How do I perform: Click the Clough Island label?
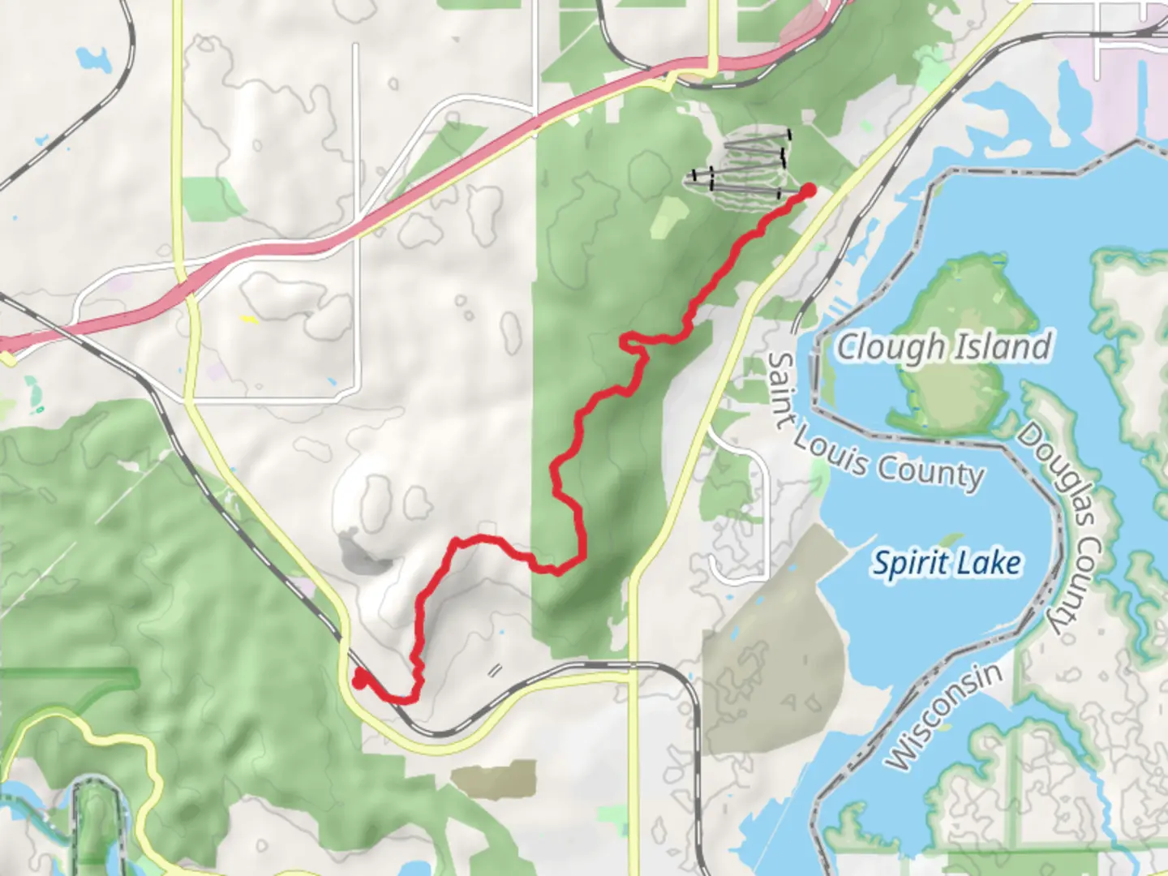click(944, 347)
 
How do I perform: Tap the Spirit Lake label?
click(946, 563)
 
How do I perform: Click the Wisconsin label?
click(944, 717)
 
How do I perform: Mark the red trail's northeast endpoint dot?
click(809, 191)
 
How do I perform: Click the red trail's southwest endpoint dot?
click(359, 681)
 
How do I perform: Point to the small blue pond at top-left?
click(93, 58)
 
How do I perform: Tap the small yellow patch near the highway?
click(249, 320)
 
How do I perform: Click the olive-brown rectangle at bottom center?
click(494, 779)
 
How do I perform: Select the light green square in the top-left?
click(213, 199)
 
